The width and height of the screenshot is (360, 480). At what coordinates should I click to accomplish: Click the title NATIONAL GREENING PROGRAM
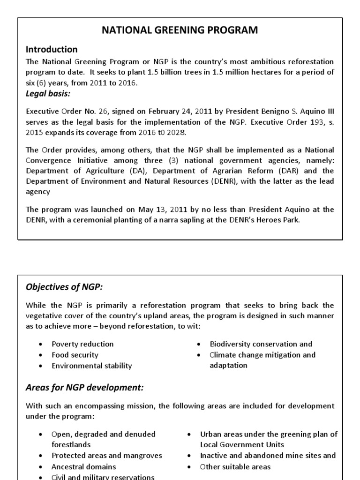pyautogui.click(x=180, y=30)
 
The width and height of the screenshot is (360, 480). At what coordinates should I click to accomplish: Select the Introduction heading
pyautogui.click(x=52, y=49)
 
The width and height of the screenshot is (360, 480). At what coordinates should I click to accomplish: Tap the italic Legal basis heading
pyautogui.click(x=48, y=93)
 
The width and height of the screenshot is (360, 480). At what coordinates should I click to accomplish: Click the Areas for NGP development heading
pyautogui.click(x=84, y=388)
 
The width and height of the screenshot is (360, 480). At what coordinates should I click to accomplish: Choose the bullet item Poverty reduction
pyautogui.click(x=82, y=344)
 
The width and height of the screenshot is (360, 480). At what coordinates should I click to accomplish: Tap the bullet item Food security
pyautogui.click(x=75, y=355)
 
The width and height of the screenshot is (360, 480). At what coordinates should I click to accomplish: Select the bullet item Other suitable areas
pyautogui.click(x=235, y=467)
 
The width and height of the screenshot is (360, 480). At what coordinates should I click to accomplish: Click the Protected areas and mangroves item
pyautogui.click(x=107, y=456)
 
